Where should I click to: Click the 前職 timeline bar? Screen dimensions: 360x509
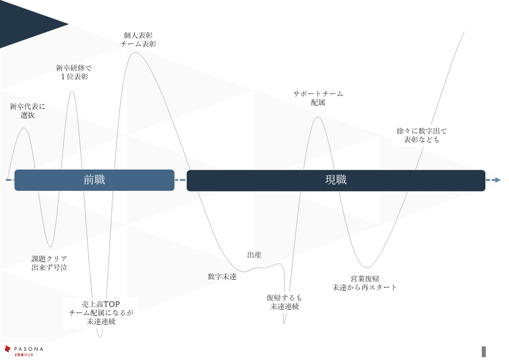click(94, 180)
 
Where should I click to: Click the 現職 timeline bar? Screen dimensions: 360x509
click(336, 180)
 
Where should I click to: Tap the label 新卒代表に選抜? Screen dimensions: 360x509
click(27, 111)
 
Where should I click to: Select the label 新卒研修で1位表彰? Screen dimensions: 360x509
click(74, 72)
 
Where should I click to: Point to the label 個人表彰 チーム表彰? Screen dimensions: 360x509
click(138, 40)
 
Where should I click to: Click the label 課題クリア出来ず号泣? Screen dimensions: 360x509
click(49, 263)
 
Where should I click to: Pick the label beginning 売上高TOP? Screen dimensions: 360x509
click(101, 313)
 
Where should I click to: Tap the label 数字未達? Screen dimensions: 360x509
click(222, 277)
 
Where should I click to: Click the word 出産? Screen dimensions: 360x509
click(254, 255)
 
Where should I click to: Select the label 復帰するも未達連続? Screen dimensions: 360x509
click(285, 302)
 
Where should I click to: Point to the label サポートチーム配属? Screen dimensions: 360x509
click(318, 98)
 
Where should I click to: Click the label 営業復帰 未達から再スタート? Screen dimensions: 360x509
click(364, 283)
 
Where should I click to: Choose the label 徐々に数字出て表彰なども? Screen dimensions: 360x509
click(421, 135)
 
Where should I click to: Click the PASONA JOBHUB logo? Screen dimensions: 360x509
click(24, 351)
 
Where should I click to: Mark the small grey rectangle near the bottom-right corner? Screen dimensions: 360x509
click(484, 352)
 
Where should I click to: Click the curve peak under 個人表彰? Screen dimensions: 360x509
click(135, 53)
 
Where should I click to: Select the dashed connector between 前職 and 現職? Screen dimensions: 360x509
click(180, 180)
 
